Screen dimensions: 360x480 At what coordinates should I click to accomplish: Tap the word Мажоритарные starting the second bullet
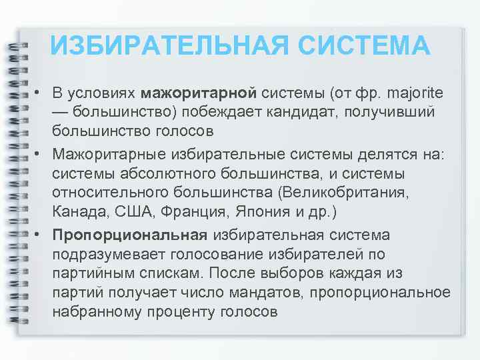pos(103,155)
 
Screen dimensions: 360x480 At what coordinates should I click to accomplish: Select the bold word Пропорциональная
pos(131,235)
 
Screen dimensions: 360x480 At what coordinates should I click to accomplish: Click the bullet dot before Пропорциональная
pos(39,235)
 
